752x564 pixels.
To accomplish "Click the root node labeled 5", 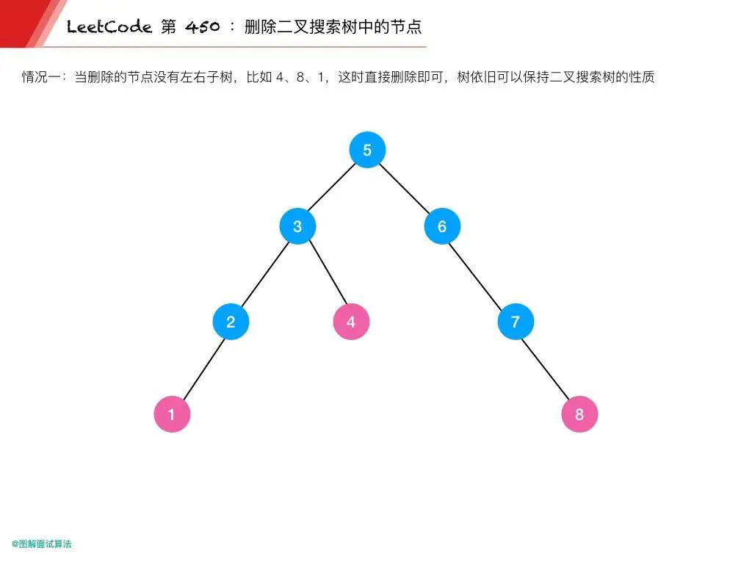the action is click(x=367, y=151).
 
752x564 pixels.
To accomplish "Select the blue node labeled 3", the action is click(x=297, y=226).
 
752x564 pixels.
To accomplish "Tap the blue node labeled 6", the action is click(x=442, y=226).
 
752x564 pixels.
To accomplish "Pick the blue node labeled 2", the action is click(x=231, y=322).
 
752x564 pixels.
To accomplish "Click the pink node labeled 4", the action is click(x=351, y=322).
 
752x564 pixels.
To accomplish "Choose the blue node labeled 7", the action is click(x=516, y=322).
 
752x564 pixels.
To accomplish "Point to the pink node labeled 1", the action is click(x=172, y=415).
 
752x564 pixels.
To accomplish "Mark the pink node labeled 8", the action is click(x=579, y=415).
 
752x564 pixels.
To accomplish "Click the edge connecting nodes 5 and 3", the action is click(x=332, y=188).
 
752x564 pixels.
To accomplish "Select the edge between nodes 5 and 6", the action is click(x=405, y=188).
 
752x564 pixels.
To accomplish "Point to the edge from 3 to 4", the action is click(x=324, y=274).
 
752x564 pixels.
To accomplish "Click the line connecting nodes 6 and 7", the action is click(x=479, y=274).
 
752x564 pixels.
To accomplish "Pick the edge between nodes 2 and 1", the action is click(x=201, y=369).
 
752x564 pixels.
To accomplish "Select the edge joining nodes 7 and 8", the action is click(x=547, y=369).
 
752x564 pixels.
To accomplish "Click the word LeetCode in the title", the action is click(x=109, y=28).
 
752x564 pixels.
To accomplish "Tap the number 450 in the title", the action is click(x=200, y=28).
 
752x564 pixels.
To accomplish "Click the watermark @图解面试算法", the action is click(x=42, y=544).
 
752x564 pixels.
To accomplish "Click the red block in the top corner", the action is click(x=22, y=18).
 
